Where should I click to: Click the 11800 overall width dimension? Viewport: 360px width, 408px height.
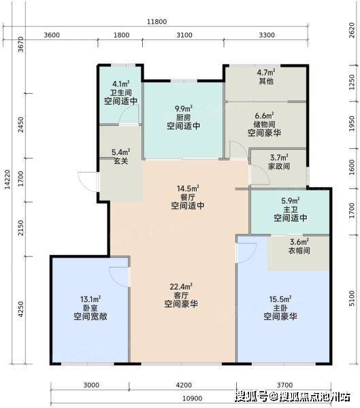(157, 22)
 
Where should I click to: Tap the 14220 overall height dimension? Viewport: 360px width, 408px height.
(7, 180)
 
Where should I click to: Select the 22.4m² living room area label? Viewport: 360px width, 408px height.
(181, 287)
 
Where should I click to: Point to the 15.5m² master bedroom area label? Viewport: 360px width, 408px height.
(280, 299)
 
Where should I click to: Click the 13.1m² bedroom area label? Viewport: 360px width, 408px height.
(91, 299)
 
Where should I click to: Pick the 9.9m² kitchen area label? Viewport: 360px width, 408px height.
(184, 108)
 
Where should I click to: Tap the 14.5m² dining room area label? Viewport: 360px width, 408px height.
(188, 188)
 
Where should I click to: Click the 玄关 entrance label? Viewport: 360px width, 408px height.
(121, 160)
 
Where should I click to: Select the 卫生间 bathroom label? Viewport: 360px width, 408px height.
(121, 92)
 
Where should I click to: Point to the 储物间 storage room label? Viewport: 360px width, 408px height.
(265, 124)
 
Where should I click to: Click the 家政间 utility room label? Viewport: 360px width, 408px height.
(279, 166)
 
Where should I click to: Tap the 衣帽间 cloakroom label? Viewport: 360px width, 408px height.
(299, 250)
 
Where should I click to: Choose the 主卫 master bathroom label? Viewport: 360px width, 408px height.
(291, 209)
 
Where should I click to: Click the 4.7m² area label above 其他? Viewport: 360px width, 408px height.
(266, 72)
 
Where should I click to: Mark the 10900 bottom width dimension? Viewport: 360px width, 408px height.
(192, 398)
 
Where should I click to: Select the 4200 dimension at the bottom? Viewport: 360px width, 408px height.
(184, 385)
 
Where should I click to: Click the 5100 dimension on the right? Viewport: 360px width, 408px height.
(352, 299)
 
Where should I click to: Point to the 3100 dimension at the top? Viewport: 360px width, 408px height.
(184, 35)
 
